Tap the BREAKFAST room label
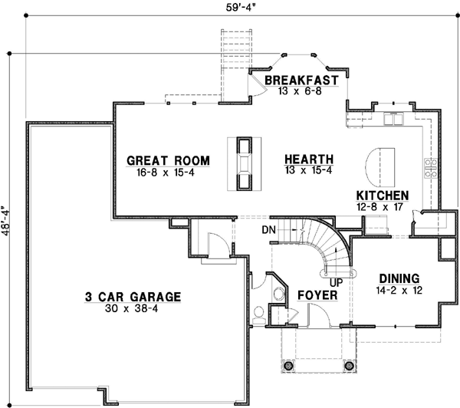point(301,80)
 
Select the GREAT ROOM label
point(168,160)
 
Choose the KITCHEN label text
point(382,196)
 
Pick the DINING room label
point(398,278)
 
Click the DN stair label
point(268,229)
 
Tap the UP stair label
point(335,282)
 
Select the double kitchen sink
point(394,119)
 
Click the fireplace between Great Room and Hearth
point(245,163)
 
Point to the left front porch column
point(290,367)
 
